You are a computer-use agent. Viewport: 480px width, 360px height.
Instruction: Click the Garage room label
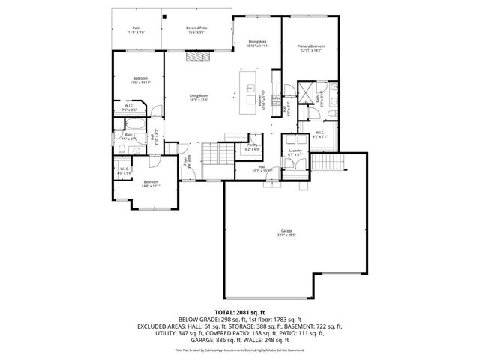[286, 232]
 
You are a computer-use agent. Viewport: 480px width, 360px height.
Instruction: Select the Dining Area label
[257, 43]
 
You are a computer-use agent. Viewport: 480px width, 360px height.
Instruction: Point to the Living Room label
[199, 97]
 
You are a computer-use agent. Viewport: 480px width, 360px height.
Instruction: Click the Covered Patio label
[196, 30]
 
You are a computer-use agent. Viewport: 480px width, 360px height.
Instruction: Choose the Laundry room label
[295, 152]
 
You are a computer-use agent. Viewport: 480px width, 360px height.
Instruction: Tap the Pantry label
[253, 147]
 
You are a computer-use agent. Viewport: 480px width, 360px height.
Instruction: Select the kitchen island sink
[250, 88]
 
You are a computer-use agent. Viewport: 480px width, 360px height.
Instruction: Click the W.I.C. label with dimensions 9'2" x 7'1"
[320, 135]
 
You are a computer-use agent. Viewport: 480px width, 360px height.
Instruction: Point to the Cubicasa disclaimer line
[239, 350]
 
